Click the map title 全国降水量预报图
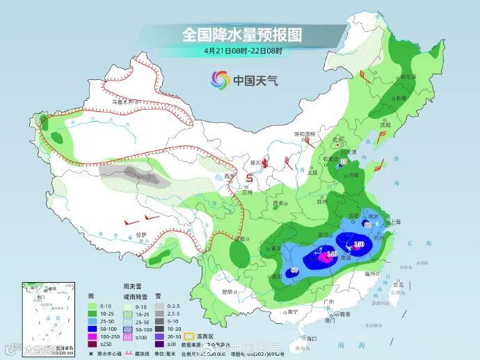tap(243, 33)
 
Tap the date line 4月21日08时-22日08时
tap(243, 51)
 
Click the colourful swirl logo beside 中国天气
tap(219, 80)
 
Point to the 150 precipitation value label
tap(359, 245)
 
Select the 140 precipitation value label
tap(331, 255)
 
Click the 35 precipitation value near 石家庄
tap(343, 161)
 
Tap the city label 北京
tap(338, 139)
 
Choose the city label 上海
tap(396, 222)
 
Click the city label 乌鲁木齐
tap(124, 102)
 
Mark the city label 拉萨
tap(143, 235)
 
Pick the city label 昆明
tap(227, 291)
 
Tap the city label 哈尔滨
tap(408, 77)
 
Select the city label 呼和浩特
tap(305, 133)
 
